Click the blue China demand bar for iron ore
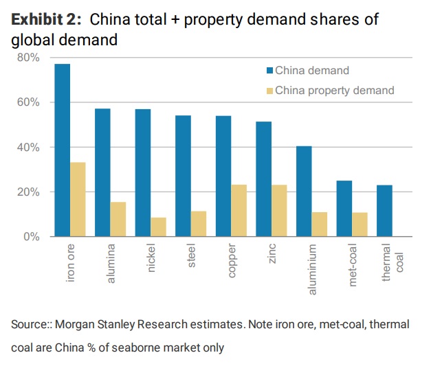coord(62,150)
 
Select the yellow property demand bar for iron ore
coord(78,200)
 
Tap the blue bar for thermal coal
coord(386,211)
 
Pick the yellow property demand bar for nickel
coord(159,227)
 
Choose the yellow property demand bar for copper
coord(240,211)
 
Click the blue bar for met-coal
coord(345,209)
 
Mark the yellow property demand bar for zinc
coord(280,211)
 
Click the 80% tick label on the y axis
coord(29,58)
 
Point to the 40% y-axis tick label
coord(29,148)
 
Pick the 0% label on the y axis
coord(32,237)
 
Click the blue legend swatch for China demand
coord(270,71)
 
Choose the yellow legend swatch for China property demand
coord(270,90)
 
